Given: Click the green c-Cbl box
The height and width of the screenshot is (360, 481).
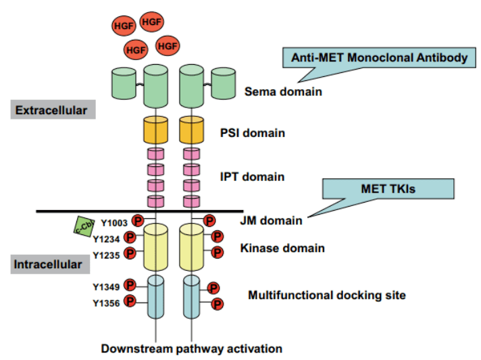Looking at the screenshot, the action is click(84, 227).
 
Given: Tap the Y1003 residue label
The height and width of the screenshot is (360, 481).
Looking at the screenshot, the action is click(114, 223).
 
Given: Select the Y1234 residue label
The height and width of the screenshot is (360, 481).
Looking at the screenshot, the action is click(106, 239).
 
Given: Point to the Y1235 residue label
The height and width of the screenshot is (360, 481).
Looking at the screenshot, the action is click(106, 255).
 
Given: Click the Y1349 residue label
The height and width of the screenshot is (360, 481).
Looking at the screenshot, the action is click(106, 286).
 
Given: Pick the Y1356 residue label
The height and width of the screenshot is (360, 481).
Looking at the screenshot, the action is click(106, 303).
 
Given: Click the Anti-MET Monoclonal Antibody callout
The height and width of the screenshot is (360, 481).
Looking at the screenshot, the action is click(379, 57).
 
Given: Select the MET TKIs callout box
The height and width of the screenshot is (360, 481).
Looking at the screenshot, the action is click(388, 188).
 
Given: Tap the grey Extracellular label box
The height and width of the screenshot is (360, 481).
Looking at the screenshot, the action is click(53, 109).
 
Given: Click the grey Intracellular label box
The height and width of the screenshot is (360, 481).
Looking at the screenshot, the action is click(50, 264).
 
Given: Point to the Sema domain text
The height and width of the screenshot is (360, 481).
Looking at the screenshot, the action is click(283, 91).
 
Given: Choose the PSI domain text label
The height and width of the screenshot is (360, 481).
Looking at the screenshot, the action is click(253, 133).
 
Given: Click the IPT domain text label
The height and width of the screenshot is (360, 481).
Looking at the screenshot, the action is click(252, 177).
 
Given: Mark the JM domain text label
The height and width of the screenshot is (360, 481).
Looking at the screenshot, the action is click(271, 220).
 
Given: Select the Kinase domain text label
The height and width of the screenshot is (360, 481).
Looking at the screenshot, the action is click(282, 248).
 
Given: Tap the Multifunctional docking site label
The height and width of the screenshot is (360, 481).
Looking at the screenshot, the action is click(327, 295).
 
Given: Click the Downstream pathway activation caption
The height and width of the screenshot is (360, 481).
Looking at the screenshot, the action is click(192, 349).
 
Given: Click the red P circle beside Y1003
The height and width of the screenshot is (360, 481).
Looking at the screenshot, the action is click(138, 220).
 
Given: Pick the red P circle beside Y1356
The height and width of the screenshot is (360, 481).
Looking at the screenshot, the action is click(130, 301).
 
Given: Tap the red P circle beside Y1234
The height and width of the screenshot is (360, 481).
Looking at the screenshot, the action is click(130, 237).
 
